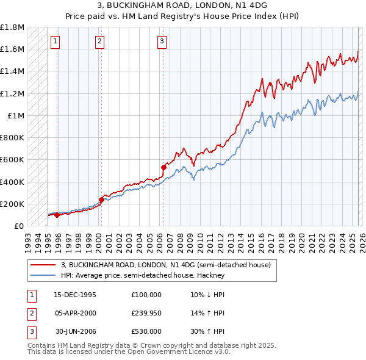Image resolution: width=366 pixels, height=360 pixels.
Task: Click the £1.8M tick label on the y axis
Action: point(12,27)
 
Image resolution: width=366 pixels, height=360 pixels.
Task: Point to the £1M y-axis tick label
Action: point(16,115)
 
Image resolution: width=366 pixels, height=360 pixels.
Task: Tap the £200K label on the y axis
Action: point(12,204)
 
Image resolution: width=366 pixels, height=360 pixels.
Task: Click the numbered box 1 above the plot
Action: point(55,41)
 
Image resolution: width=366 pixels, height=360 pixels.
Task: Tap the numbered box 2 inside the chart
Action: point(99,41)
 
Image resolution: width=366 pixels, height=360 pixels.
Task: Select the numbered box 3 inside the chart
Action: point(162,41)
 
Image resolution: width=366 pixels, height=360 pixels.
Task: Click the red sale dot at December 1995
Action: point(57,215)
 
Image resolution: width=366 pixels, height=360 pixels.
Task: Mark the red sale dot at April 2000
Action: point(101,200)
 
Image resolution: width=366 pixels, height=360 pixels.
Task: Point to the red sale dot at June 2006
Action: point(163,167)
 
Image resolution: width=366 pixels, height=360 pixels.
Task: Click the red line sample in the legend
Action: point(43,265)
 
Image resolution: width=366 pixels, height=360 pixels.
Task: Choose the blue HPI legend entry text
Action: point(143,275)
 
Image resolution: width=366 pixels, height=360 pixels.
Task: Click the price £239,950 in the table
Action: point(146,313)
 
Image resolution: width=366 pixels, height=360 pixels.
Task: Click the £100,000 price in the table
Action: point(146,295)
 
